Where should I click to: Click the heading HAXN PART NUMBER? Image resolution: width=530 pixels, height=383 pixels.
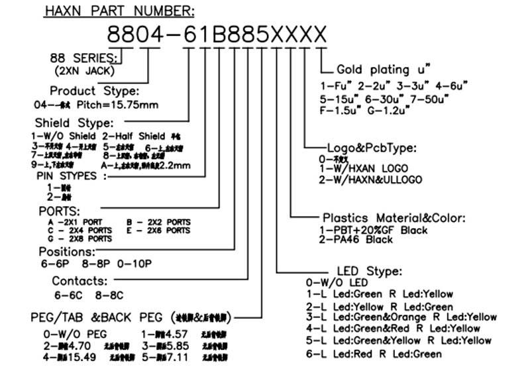click(x=120, y=11)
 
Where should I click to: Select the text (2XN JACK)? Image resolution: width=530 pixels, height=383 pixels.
click(x=85, y=70)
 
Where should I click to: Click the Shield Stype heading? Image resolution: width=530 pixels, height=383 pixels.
click(x=74, y=123)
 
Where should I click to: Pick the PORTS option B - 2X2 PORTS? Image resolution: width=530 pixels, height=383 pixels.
click(x=158, y=222)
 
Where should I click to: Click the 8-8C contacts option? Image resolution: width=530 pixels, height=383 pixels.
click(x=109, y=294)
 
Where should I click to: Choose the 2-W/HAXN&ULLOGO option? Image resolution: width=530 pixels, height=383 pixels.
click(x=370, y=180)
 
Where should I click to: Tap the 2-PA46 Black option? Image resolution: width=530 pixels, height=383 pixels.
click(x=356, y=239)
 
